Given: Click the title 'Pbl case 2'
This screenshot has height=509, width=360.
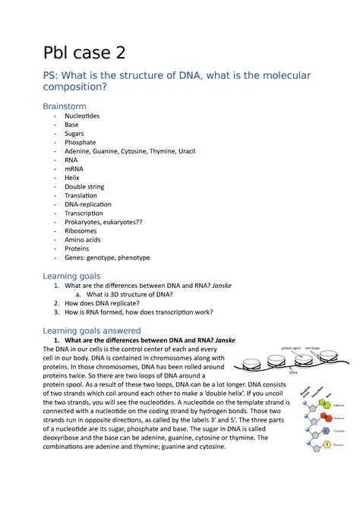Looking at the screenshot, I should (84, 52).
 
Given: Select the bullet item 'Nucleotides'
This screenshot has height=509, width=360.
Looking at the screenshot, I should (81, 115).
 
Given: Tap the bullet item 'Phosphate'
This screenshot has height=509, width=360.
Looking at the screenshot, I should (80, 142).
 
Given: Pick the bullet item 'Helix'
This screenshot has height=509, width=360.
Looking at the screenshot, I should (72, 178).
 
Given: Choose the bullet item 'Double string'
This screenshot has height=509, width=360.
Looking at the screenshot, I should (85, 187).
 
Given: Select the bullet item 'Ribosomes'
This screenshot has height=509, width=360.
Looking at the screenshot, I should (81, 231).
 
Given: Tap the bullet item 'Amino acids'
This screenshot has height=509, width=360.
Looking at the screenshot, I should (84, 240).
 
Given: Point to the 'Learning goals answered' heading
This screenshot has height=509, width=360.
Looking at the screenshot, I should (92, 330).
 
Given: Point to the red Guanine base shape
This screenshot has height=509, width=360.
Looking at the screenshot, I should (325, 417).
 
